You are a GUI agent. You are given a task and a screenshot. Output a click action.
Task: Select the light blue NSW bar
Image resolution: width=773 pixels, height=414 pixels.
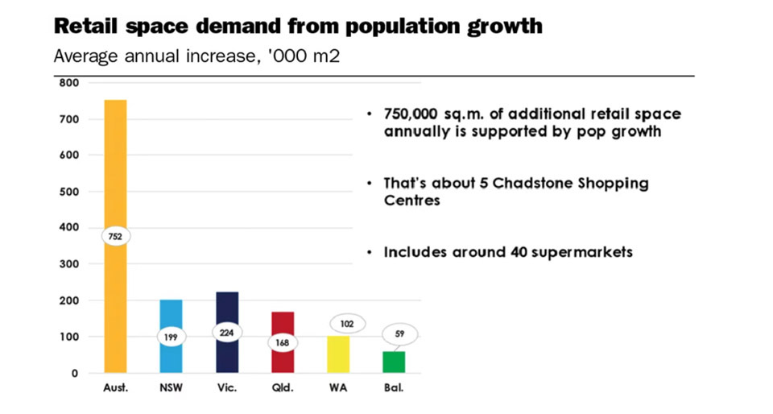click(x=171, y=314)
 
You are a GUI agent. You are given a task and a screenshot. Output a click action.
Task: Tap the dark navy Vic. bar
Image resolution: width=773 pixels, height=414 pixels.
click(x=227, y=306)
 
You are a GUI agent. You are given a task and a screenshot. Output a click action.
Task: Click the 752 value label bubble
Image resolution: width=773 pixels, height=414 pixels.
click(x=115, y=237)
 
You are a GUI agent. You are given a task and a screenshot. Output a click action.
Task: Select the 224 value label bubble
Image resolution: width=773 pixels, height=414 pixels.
click(x=227, y=333)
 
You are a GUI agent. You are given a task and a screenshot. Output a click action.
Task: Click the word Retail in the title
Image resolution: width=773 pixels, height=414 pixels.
click(x=83, y=26)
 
